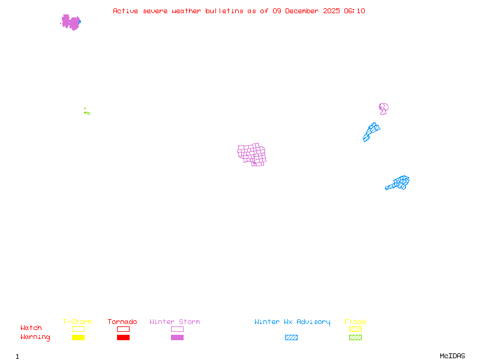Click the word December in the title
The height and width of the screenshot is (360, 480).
point(302,11)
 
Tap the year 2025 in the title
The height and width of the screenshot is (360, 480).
point(331,11)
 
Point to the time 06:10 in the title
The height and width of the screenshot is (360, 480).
point(355,11)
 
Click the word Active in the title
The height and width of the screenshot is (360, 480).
point(125,11)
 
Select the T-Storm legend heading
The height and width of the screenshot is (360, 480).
point(77,322)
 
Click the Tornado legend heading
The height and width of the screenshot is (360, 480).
point(122,322)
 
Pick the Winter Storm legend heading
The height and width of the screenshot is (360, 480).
point(175,322)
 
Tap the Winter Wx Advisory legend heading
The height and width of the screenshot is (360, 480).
point(292,322)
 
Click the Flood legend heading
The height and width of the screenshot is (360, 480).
point(355,322)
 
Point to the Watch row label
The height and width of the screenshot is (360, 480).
point(31,328)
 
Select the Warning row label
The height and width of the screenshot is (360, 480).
point(35,337)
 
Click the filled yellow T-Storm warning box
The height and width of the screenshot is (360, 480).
point(79,337)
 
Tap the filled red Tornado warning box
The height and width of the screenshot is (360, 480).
point(124,337)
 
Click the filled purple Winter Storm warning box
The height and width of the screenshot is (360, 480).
point(177,337)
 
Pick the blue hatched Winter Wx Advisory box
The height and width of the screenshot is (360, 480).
point(291,337)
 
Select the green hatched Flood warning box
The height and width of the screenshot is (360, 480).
point(355,337)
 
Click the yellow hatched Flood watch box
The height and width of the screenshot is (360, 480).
point(355,329)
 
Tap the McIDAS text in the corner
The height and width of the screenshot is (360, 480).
point(452,356)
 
